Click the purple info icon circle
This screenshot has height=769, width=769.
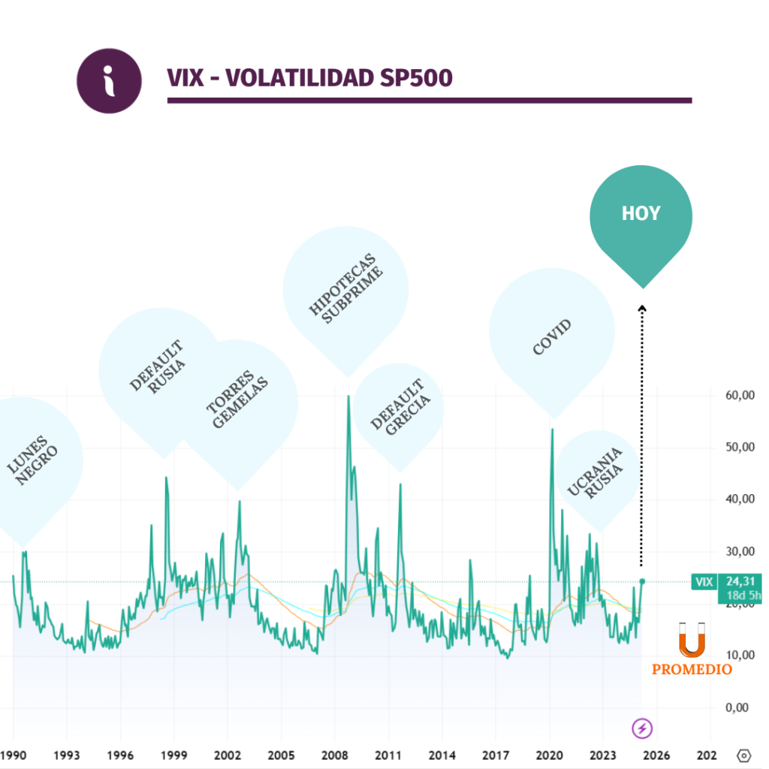(x=110, y=80)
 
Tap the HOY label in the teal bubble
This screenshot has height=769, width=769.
(x=641, y=214)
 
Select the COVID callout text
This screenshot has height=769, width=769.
(x=552, y=337)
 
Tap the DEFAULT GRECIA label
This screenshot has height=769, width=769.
(x=400, y=409)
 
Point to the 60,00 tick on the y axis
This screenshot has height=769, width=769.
(x=740, y=396)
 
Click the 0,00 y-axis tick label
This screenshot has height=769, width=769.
(x=740, y=707)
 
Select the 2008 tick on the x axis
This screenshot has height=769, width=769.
(x=335, y=755)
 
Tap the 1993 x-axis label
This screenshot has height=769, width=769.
(x=67, y=755)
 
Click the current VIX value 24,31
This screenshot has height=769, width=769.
(x=739, y=581)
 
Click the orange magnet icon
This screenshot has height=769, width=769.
(x=692, y=640)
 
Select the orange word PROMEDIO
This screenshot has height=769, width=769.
(x=692, y=669)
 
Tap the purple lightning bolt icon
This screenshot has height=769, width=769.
(x=642, y=728)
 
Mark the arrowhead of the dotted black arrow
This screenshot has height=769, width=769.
(x=641, y=307)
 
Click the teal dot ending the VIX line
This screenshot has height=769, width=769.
(x=642, y=581)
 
